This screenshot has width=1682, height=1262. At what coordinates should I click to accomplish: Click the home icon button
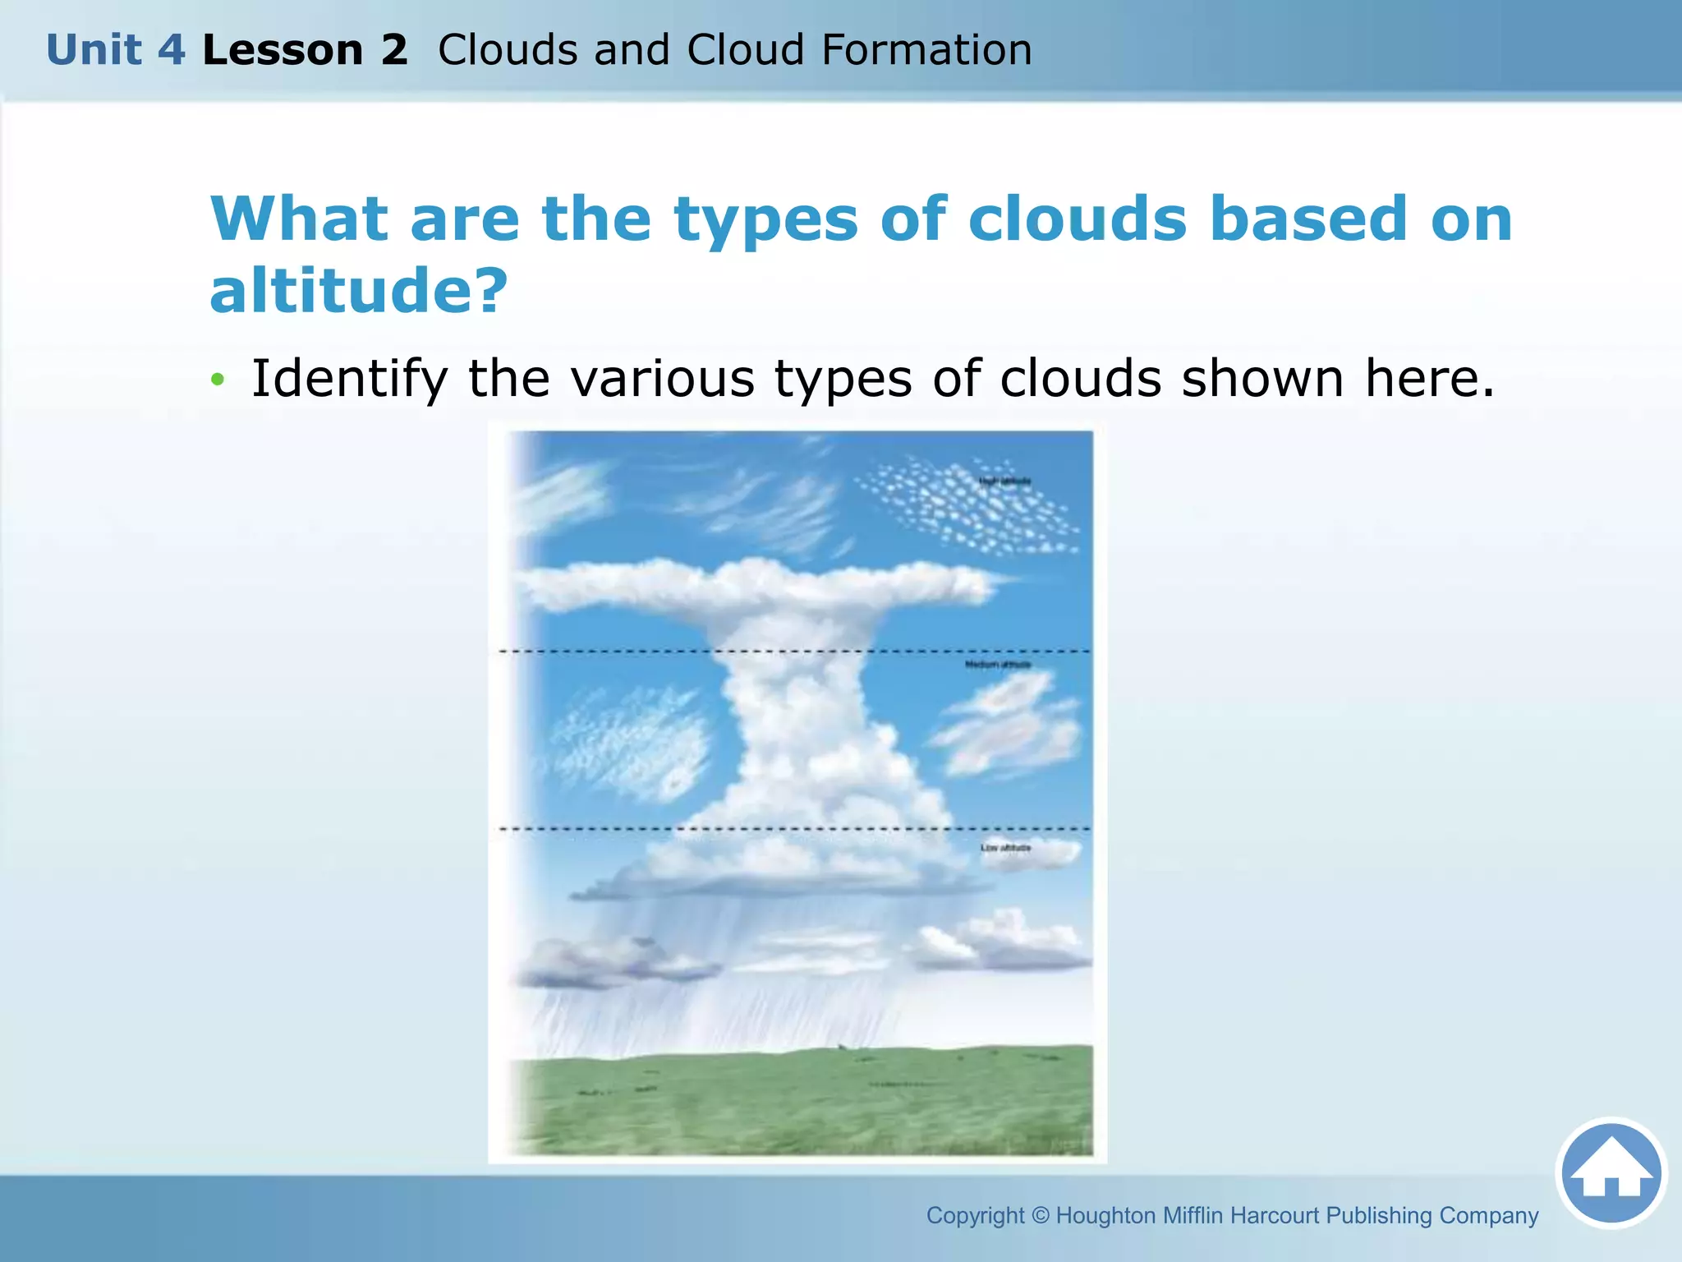(x=1611, y=1173)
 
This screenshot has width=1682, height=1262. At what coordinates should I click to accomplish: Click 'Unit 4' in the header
(x=116, y=50)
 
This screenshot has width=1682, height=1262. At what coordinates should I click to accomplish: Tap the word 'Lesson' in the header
(x=283, y=50)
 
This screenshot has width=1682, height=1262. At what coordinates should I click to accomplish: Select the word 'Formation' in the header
(x=926, y=50)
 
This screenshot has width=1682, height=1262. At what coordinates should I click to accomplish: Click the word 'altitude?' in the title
(x=359, y=291)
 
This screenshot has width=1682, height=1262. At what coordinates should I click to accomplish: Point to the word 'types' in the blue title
(x=765, y=220)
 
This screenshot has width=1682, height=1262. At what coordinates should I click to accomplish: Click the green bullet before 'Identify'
(x=217, y=379)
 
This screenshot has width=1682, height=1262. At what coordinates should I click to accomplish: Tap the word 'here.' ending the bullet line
(x=1429, y=379)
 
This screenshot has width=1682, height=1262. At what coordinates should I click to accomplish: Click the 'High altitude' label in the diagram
(x=1004, y=481)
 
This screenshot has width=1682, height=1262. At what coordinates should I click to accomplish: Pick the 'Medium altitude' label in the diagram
(x=997, y=664)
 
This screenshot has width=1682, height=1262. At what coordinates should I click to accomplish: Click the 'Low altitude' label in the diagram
(x=1005, y=847)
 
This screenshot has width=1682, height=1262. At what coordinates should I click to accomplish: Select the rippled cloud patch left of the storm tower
(x=628, y=744)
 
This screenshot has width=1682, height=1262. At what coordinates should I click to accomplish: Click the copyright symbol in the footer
(x=1040, y=1215)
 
